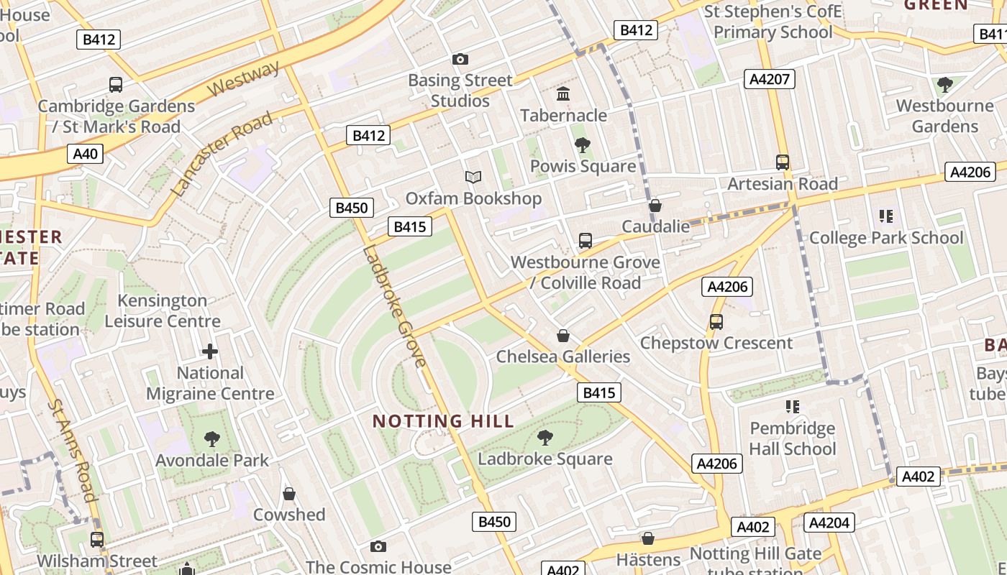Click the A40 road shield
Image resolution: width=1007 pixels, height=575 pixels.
pyautogui.click(x=85, y=154)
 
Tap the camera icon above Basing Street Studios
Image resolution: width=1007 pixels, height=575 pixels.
pyautogui.click(x=460, y=59)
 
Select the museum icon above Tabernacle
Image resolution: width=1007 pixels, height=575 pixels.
pyautogui.click(x=563, y=94)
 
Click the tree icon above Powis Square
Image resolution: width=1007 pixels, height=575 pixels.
pyautogui.click(x=583, y=145)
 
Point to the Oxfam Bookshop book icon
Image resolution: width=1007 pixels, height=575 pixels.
pyautogui.click(x=473, y=177)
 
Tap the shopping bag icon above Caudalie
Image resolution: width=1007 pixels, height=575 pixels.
pyautogui.click(x=655, y=206)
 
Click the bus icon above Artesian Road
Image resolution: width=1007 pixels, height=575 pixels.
pyautogui.click(x=782, y=162)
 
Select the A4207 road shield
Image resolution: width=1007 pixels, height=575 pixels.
pyautogui.click(x=769, y=79)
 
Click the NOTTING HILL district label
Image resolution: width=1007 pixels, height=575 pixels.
pyautogui.click(x=443, y=421)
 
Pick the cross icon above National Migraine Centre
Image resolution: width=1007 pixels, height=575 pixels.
pyautogui.click(x=209, y=351)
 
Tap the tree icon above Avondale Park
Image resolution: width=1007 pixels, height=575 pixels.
pyautogui.click(x=211, y=438)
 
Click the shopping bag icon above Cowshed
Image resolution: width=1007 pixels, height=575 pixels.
pyautogui.click(x=288, y=494)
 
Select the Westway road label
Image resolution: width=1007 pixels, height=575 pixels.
pyautogui.click(x=244, y=80)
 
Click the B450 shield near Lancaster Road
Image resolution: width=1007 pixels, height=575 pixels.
pyautogui.click(x=352, y=208)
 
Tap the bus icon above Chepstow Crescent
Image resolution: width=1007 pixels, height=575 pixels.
pyautogui.click(x=716, y=322)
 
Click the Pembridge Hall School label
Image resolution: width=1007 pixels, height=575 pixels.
pyautogui.click(x=792, y=438)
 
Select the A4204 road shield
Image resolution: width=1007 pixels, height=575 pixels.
pyautogui.click(x=829, y=523)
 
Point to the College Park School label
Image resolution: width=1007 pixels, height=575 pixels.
pyautogui.click(x=885, y=237)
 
